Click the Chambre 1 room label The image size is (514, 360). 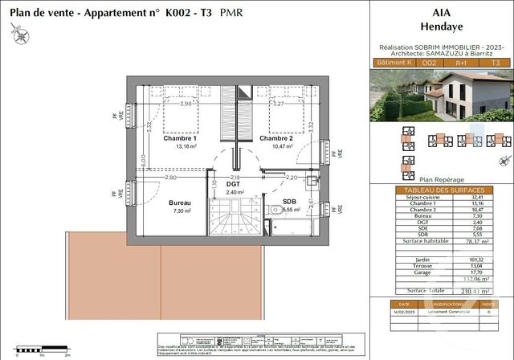coord(180,139)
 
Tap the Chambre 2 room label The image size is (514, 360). coord(275,139)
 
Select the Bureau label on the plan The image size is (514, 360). coord(180,203)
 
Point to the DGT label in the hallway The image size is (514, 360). coord(234,184)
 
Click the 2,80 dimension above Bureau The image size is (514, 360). coord(170,177)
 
